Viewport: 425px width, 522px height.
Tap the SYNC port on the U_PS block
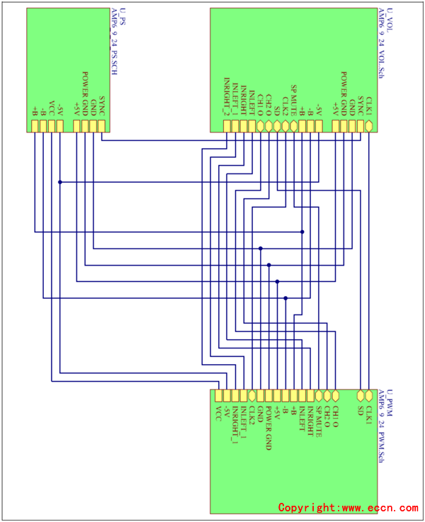101,126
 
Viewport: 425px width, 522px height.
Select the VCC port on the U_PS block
51,126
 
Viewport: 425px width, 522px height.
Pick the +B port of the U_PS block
35,126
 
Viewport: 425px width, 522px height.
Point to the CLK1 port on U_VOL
368,126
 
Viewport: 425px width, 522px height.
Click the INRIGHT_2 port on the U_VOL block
227,126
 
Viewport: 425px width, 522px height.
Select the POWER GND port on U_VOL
344,126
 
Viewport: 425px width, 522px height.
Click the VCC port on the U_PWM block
219,395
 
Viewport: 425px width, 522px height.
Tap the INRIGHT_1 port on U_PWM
236,395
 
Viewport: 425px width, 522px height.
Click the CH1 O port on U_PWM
336,395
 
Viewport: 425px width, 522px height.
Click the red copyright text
348,507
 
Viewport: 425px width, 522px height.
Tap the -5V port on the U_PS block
59,126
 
